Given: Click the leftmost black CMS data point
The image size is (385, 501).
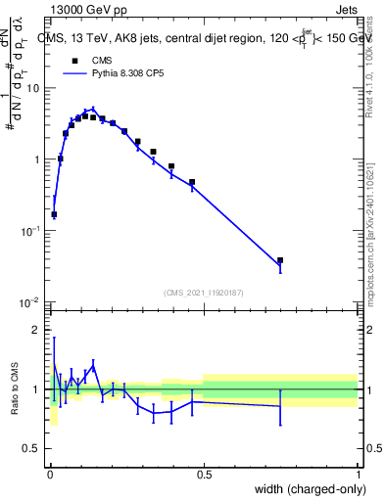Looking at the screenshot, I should point(54,214).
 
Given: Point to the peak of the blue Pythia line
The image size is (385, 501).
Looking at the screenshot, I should point(93,109).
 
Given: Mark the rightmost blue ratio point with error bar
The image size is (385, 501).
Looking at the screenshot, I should point(280,406).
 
